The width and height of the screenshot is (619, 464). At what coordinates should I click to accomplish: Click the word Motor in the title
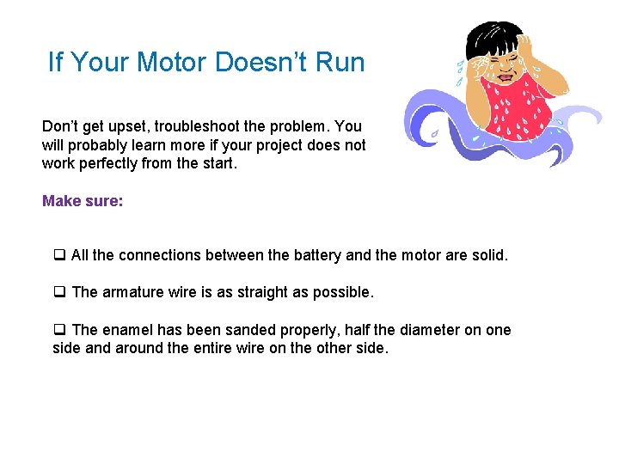(x=175, y=63)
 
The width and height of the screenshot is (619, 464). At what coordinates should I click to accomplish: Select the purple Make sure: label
(x=83, y=201)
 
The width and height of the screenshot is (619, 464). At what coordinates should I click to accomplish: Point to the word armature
(x=132, y=292)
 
